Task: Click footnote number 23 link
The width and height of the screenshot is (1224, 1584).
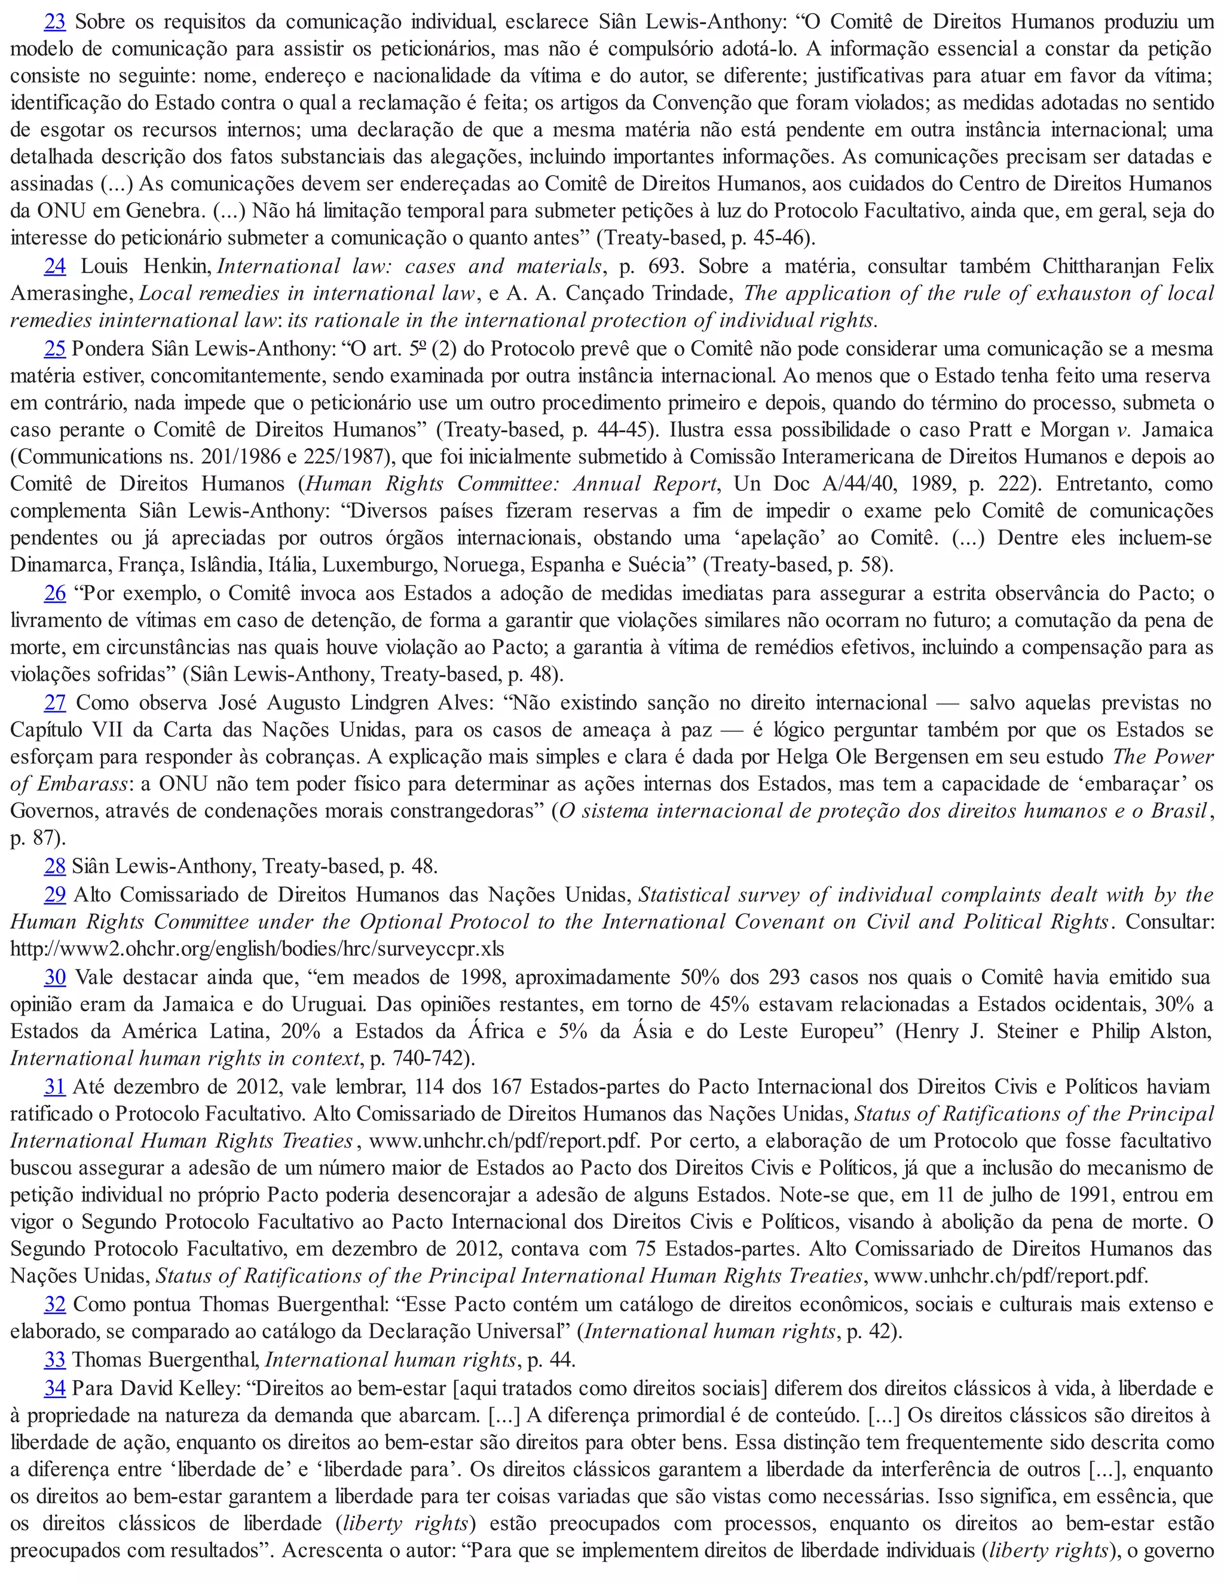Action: (x=55, y=22)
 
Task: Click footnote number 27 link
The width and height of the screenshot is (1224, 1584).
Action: (x=55, y=703)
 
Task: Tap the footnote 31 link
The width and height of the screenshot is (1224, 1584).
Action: (x=55, y=1087)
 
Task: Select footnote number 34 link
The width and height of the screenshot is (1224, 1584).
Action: (x=55, y=1388)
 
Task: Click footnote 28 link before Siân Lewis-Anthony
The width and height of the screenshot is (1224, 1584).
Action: (x=55, y=866)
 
